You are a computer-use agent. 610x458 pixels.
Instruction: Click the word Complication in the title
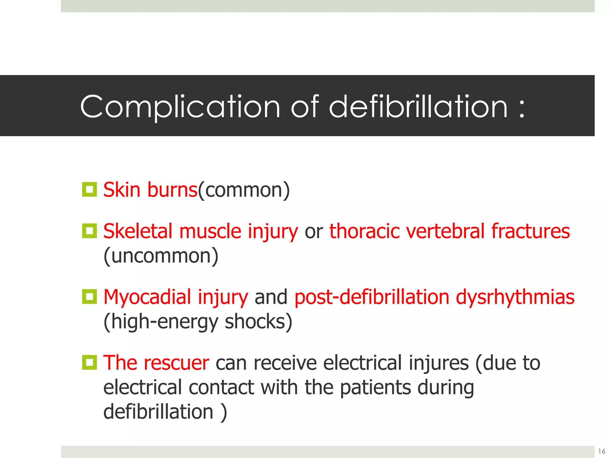[180, 107]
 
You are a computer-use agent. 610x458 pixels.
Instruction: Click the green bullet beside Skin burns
[89, 189]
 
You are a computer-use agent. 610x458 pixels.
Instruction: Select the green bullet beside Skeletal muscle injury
[89, 231]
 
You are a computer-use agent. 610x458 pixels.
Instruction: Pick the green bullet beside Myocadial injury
[89, 297]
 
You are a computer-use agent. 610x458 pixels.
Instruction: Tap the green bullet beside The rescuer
[89, 362]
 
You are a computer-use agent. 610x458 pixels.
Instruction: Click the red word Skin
[122, 190]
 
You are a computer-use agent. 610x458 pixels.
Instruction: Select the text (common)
[244, 190]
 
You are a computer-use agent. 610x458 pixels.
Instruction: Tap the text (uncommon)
[161, 256]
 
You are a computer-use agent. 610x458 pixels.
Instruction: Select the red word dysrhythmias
[515, 297]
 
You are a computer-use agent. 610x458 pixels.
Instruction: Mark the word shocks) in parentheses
[258, 322]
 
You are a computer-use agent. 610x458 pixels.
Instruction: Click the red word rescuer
[176, 363]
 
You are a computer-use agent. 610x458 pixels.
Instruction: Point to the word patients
[375, 388]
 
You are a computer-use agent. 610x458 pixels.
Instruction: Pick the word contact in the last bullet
[222, 388]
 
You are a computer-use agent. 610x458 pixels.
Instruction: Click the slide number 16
[602, 451]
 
